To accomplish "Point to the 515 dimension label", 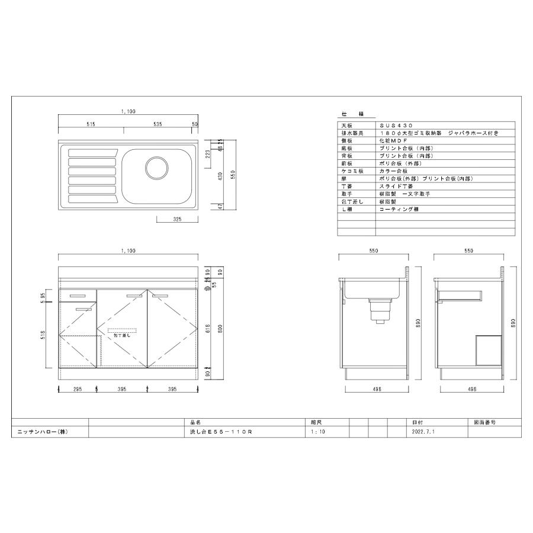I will pyautogui.click(x=91, y=124).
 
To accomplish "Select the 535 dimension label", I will pyautogui.click(x=158, y=124).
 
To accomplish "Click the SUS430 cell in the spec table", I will pyautogui.click(x=392, y=126).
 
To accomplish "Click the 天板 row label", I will pyautogui.click(x=346, y=126).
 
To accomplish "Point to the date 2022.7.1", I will pyautogui.click(x=423, y=432).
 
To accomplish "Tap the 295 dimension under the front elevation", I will pyautogui.click(x=77, y=389).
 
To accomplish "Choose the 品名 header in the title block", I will pyautogui.click(x=196, y=423).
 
